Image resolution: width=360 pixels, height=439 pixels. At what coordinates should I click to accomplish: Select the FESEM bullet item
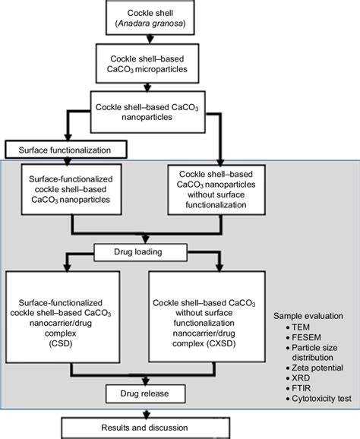305,336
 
